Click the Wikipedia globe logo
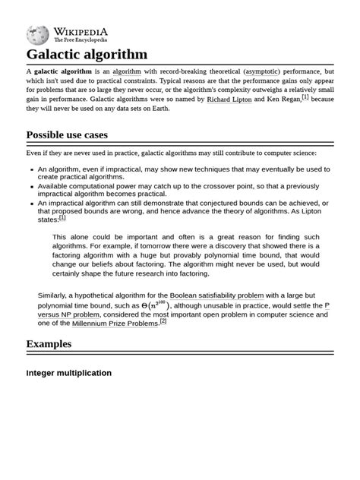[37, 34]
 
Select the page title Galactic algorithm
[87, 55]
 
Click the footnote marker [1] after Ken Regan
[305, 96]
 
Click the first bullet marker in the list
[31, 169]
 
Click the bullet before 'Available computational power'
[31, 187]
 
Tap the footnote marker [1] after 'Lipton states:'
[62, 217]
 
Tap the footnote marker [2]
[163, 321]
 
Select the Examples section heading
[49, 344]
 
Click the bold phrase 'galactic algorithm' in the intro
[63, 71]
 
